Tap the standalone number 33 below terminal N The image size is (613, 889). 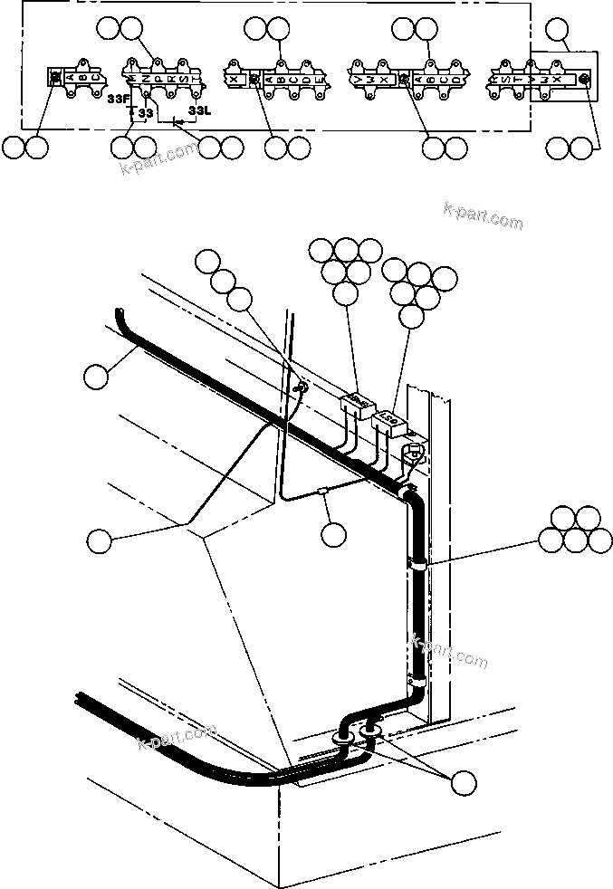click(x=146, y=113)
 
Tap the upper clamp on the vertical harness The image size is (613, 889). click(x=418, y=563)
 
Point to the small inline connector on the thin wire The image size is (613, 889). click(x=322, y=492)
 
